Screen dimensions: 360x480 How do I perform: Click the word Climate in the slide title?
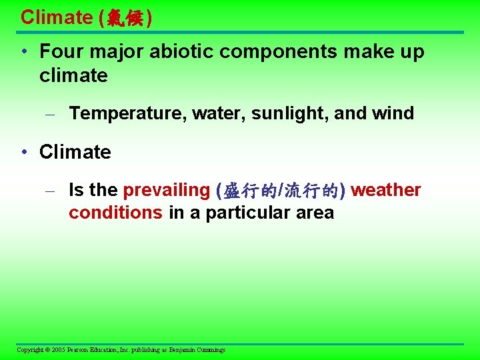click(x=57, y=17)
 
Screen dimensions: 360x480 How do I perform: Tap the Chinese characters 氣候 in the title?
click(x=125, y=18)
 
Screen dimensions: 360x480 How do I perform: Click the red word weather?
click(x=386, y=191)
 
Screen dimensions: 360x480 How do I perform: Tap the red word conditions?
click(x=115, y=213)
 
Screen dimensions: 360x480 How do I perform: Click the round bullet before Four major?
click(x=24, y=53)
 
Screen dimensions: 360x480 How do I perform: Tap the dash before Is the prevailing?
click(x=49, y=191)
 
